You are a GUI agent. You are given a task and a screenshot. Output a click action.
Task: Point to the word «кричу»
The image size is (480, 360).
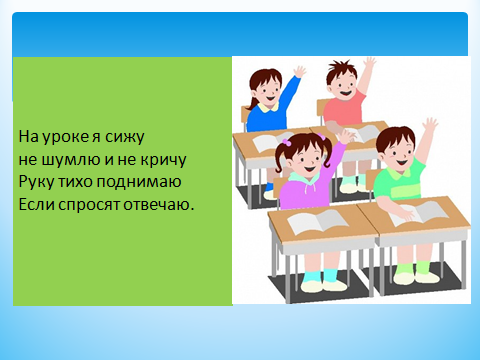point(163,160)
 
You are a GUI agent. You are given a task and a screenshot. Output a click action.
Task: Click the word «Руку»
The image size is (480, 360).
point(36,182)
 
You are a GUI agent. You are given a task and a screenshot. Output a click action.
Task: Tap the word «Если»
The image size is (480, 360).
point(36,204)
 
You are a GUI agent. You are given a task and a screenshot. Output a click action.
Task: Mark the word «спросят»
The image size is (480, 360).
point(89,205)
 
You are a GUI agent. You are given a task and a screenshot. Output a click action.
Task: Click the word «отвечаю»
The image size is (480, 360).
point(158,204)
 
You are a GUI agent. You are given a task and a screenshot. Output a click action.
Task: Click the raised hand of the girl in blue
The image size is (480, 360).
point(299,72)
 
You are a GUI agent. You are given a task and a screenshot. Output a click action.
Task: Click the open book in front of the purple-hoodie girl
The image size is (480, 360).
point(318,221)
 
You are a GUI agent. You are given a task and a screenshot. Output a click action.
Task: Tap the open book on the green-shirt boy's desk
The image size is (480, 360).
point(419,213)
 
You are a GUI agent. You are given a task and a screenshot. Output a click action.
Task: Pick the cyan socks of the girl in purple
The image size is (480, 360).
point(321,276)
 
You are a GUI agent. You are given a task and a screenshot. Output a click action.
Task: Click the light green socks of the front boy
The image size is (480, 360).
point(413,267)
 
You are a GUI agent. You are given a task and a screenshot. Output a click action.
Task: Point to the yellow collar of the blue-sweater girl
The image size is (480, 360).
point(269,107)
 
